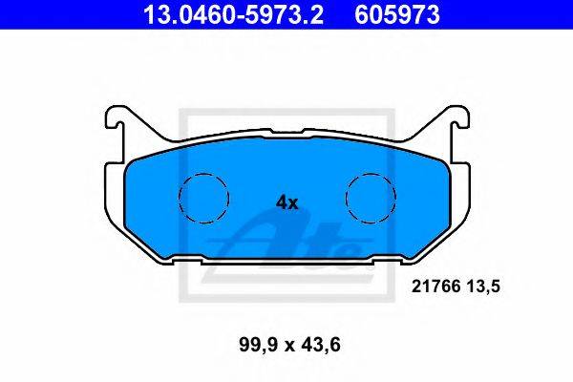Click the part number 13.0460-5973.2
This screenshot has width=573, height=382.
coord(234,15)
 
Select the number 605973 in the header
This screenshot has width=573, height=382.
coord(397,15)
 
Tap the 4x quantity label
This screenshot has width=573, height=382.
coord(286,202)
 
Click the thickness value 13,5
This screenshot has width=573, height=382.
coord(482,286)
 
